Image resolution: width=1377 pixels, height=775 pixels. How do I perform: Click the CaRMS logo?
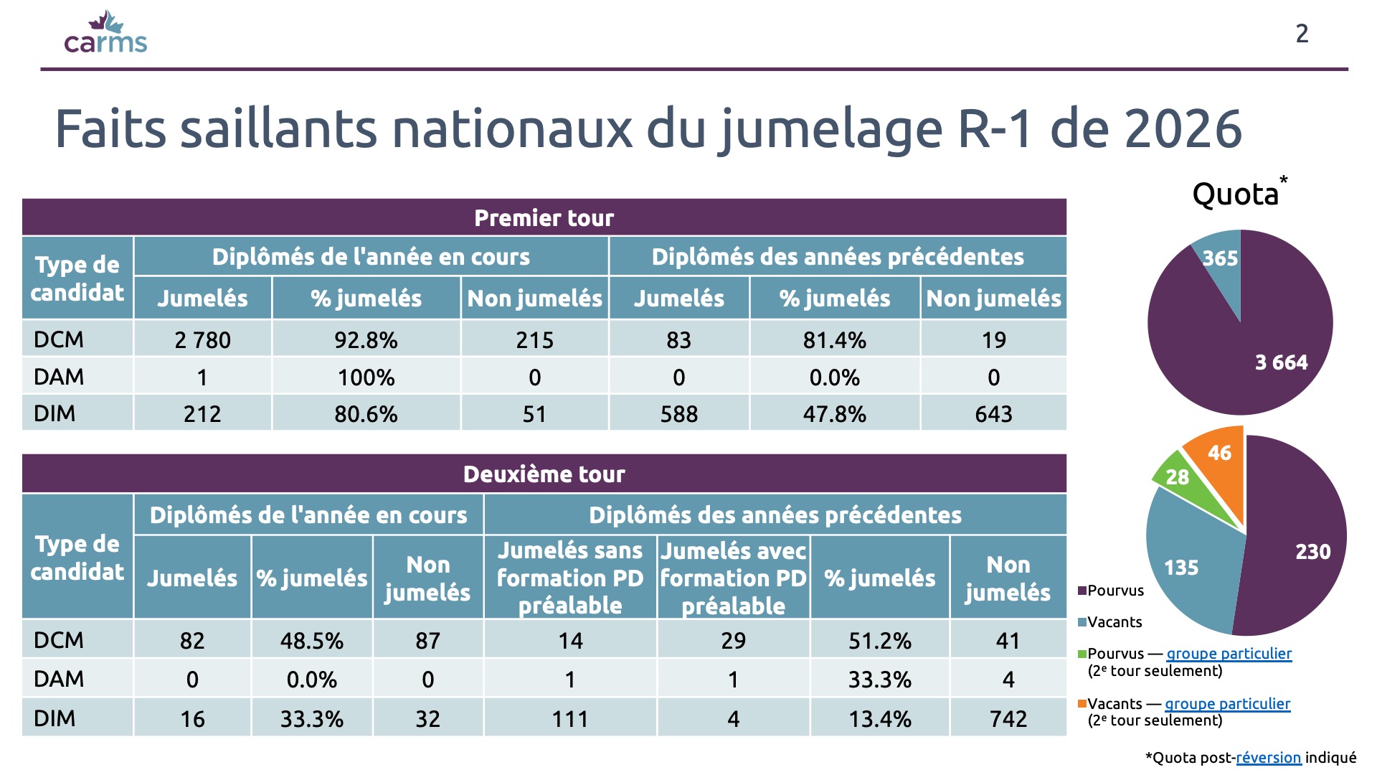pyautogui.click(x=105, y=33)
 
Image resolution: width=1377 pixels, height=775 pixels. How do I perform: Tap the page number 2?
pyautogui.click(x=1302, y=34)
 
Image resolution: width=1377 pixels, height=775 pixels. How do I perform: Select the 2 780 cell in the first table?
pyautogui.click(x=202, y=339)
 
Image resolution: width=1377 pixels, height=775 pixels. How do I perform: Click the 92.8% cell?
pyautogui.click(x=366, y=339)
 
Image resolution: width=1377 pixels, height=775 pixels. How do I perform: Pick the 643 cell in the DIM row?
pyautogui.click(x=993, y=414)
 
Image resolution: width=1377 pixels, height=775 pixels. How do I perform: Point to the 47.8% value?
pyautogui.click(x=834, y=414)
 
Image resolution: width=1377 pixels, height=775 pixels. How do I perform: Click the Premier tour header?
pyautogui.click(x=544, y=217)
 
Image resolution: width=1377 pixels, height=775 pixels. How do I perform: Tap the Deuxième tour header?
pyautogui.click(x=544, y=474)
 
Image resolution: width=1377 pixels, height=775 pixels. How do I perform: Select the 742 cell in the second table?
pyautogui.click(x=1008, y=718)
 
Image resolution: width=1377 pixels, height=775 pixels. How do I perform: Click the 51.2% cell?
pyautogui.click(x=880, y=640)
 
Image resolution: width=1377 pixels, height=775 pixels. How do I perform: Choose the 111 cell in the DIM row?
pyautogui.click(x=570, y=718)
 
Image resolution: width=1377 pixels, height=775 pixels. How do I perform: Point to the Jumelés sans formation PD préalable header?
pyautogui.click(x=570, y=578)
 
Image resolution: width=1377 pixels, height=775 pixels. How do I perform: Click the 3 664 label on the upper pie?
pyautogui.click(x=1281, y=362)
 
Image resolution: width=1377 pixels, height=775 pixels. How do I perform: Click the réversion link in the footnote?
pyautogui.click(x=1268, y=758)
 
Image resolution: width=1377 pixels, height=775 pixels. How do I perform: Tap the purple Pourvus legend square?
pyautogui.click(x=1082, y=591)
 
